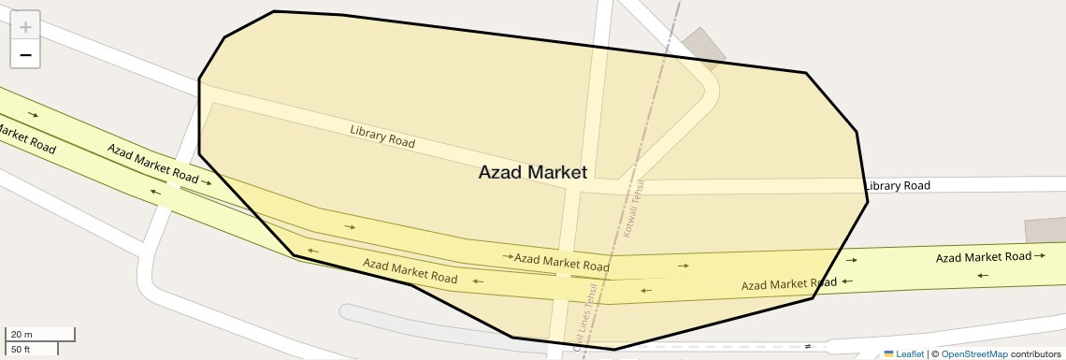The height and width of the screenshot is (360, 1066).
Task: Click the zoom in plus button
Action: [25, 27]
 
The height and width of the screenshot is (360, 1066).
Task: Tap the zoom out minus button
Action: [25, 55]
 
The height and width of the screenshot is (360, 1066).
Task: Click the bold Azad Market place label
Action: [532, 172]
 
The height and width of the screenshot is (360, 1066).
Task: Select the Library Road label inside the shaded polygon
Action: [382, 137]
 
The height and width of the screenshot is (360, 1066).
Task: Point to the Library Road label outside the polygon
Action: [898, 186]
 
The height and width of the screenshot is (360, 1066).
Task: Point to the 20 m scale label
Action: [22, 334]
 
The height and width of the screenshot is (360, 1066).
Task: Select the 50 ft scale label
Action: [22, 350]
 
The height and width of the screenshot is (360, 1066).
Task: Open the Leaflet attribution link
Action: [909, 353]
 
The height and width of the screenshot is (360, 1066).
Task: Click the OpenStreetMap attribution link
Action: [973, 353]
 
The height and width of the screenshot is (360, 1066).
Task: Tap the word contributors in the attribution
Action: [1035, 353]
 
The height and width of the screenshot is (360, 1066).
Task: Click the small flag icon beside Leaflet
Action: [888, 353]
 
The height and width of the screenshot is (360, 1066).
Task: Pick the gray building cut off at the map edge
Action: [1045, 230]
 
